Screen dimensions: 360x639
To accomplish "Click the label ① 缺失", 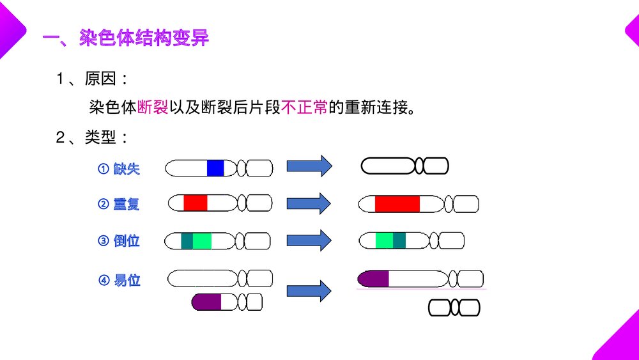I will [119, 169].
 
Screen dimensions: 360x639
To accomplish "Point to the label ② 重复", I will [119, 205].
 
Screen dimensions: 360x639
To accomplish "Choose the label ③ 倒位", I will [119, 241].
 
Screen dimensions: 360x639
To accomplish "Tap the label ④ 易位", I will [119, 280].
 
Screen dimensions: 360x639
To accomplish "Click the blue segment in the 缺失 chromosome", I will [215, 168].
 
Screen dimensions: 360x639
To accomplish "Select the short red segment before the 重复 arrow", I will [196, 203].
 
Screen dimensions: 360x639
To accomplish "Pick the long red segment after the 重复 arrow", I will [397, 204].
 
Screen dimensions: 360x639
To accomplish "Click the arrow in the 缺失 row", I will [309, 166].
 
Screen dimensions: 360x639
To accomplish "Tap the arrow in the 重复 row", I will [309, 203].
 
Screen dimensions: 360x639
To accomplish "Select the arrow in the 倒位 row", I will [309, 240].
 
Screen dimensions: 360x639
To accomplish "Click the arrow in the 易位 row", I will [309, 291].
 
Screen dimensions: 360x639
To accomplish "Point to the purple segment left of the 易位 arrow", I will [207, 302].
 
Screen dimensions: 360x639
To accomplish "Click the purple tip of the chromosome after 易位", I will [374, 279].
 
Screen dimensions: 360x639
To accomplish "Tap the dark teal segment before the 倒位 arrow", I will [187, 241].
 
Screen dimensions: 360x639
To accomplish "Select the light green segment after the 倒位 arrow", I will [384, 240].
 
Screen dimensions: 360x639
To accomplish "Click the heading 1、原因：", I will [93, 79].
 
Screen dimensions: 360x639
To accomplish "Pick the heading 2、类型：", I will [93, 137].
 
